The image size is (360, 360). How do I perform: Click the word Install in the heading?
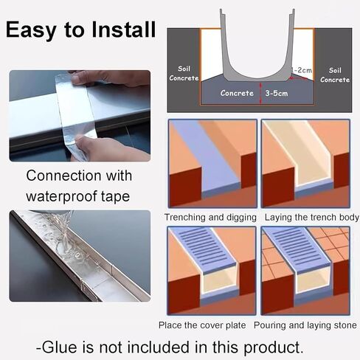pos(124,30)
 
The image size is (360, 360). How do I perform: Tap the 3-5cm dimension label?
pos(277,93)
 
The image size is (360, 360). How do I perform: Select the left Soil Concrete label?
pos(184,73)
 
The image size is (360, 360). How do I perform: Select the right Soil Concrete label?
pos(335,75)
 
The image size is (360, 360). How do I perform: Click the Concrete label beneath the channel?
pos(237,93)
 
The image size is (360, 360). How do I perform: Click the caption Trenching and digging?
pos(210,218)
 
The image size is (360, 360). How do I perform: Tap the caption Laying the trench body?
pos(311,218)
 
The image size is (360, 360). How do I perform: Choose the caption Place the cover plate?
pos(202,325)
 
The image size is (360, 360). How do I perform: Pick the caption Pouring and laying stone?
pos(305,325)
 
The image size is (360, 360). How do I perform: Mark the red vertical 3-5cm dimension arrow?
pos(260,94)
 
